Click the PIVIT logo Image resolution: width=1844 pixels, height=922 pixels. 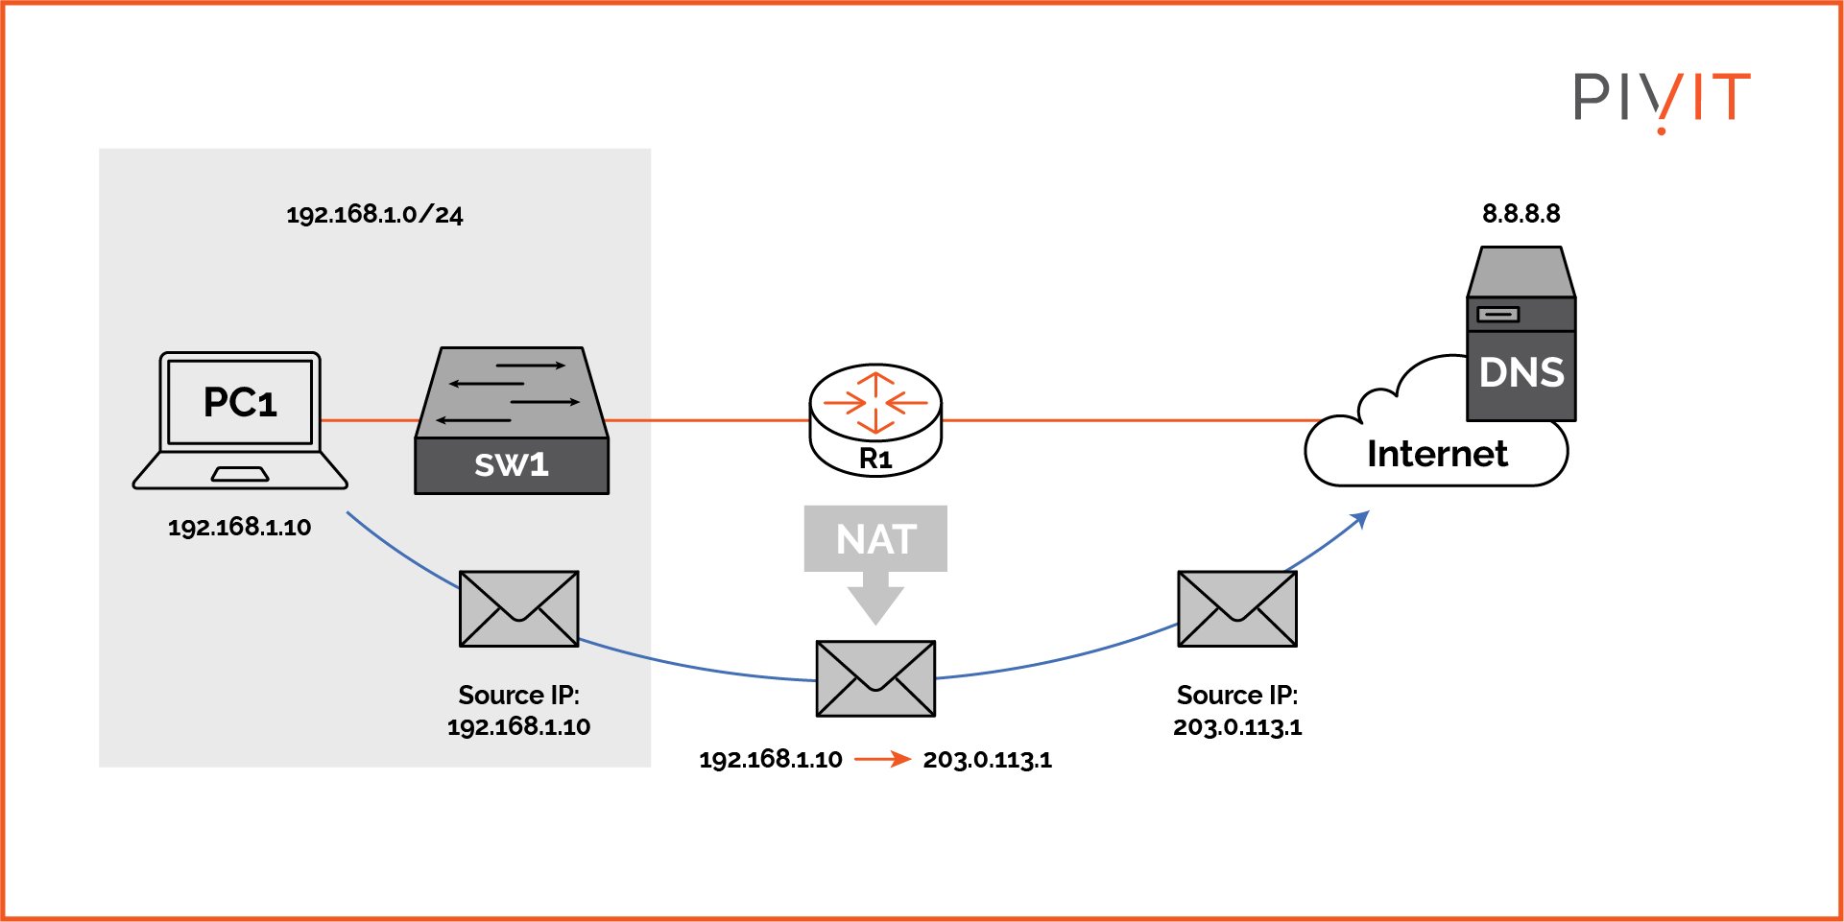[1662, 98]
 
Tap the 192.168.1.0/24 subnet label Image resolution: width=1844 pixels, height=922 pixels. [374, 214]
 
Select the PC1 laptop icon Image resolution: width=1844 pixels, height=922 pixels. [240, 420]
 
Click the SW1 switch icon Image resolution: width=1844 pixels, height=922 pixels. [512, 421]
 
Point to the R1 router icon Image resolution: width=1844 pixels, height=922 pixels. [875, 419]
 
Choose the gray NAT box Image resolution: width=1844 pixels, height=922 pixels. [875, 538]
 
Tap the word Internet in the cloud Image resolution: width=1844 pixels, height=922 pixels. [1437, 454]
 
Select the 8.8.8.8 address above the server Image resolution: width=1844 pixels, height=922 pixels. [1521, 213]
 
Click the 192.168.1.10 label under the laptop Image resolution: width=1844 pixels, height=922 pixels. [239, 527]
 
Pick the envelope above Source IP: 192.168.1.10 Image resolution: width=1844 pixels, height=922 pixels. [518, 609]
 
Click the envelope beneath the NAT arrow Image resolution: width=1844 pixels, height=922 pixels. [875, 678]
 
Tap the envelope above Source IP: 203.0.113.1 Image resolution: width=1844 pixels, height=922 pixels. [1237, 609]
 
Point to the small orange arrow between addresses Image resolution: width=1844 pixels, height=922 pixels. [882, 759]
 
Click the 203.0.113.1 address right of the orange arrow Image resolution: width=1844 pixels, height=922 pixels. [987, 760]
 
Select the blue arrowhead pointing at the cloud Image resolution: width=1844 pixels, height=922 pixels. [1360, 519]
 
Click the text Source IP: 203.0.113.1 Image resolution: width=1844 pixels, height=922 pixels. [1237, 711]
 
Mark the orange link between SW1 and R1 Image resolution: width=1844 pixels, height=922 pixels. [708, 420]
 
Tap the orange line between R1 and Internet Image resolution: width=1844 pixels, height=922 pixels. [1123, 420]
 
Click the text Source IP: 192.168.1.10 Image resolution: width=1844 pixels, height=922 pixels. [518, 711]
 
